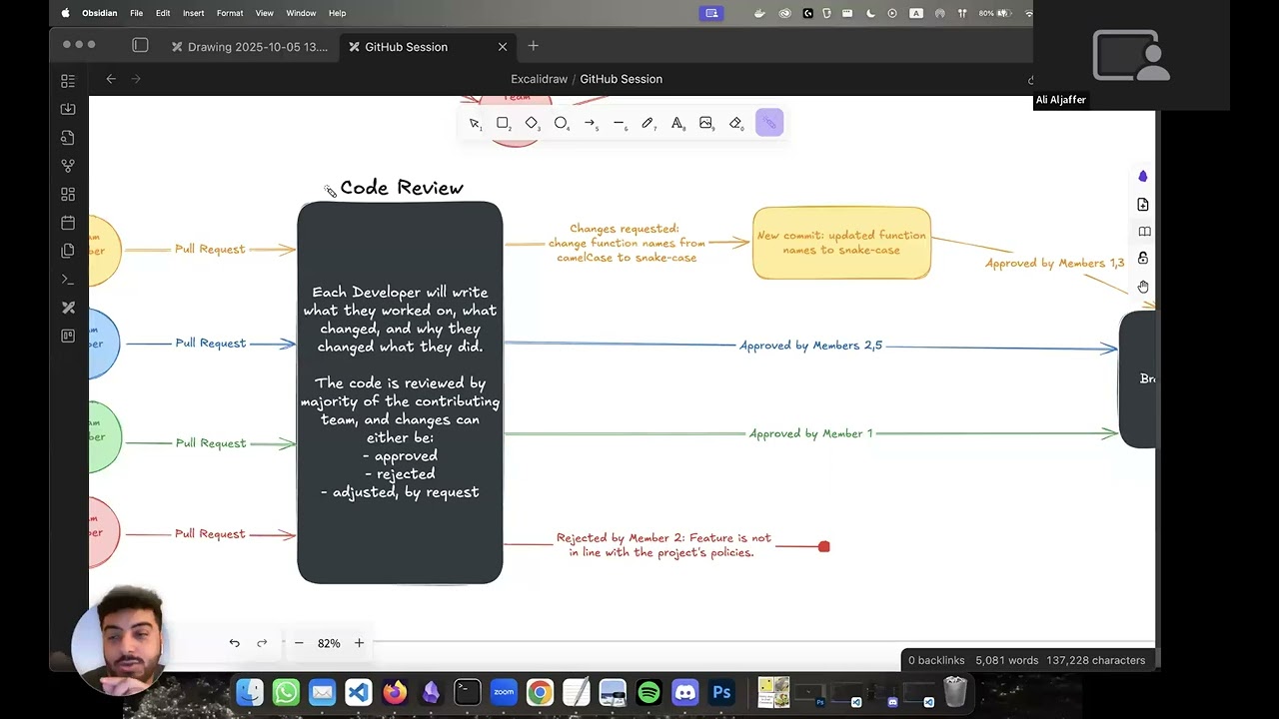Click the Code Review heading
point(401,188)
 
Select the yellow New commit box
point(841,243)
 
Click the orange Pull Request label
point(210,249)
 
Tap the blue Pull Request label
point(210,343)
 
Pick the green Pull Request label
point(210,442)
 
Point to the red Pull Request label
point(210,533)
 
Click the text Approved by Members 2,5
point(810,346)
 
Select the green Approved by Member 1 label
point(810,433)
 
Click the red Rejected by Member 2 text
point(662,544)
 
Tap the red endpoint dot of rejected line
point(823,546)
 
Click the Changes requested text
point(626,243)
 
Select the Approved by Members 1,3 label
point(1054,263)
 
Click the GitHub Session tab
point(406,47)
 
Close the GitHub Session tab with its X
point(503,47)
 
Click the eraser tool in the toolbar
point(735,123)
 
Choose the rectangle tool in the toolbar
point(503,123)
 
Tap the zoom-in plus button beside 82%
point(359,643)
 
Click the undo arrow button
point(234,643)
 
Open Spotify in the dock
point(648,692)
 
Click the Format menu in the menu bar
point(230,13)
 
